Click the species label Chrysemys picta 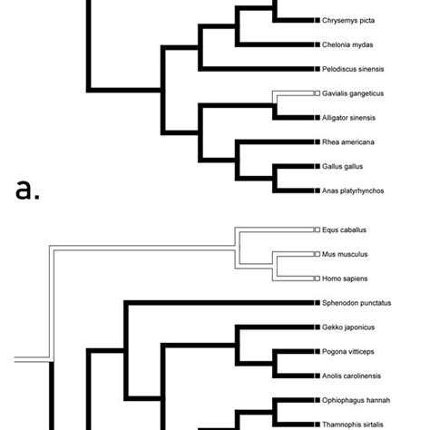[348, 19]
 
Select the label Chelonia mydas [347, 44]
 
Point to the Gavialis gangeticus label [353, 93]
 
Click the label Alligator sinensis [349, 118]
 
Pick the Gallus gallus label [341, 167]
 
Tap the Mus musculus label [343, 255]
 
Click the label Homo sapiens [343, 279]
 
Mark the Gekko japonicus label [347, 327]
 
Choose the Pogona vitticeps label [347, 351]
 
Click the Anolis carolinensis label [351, 376]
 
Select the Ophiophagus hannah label [353, 400]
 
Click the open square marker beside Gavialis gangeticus [316, 93]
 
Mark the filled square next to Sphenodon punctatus [316, 302]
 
